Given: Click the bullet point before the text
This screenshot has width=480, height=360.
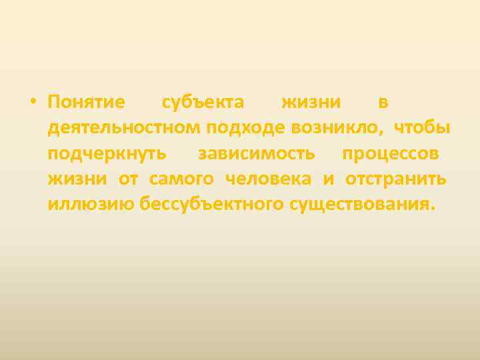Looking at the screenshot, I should pyautogui.click(x=32, y=103).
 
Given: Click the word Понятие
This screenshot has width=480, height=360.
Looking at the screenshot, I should pyautogui.click(x=86, y=103).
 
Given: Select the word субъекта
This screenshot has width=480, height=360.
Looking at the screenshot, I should pyautogui.click(x=203, y=103).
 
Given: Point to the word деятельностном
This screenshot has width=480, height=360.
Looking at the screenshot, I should pyautogui.click(x=124, y=128).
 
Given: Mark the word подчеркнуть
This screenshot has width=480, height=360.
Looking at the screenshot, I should pyautogui.click(x=107, y=153).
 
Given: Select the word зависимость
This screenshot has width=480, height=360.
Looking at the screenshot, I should pyautogui.click(x=256, y=153).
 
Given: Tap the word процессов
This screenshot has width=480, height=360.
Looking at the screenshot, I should pyautogui.click(x=390, y=153).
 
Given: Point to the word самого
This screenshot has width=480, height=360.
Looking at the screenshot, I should pyautogui.click(x=182, y=179).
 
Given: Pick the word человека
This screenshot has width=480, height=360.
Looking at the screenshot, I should pyautogui.click(x=269, y=179).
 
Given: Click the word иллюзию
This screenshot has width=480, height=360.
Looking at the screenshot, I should pyautogui.click(x=90, y=204).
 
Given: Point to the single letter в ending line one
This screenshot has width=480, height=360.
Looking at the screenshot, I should pyautogui.click(x=383, y=103).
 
